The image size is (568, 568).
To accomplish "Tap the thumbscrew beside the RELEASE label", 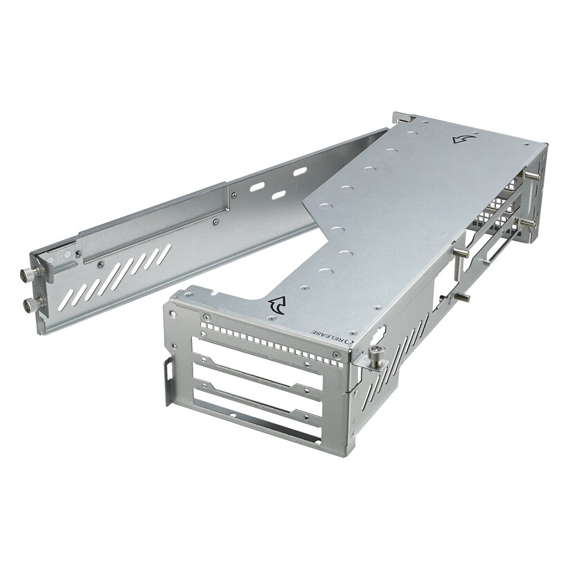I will click(x=378, y=355).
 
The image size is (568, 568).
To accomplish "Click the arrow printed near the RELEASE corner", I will click(x=278, y=305).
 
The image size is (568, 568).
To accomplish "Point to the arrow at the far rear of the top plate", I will click(x=460, y=139).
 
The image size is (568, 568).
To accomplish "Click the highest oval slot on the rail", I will click(x=300, y=171).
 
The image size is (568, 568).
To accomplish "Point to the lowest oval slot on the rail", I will click(x=279, y=195).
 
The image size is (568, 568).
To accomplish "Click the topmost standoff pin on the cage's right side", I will click(x=534, y=177).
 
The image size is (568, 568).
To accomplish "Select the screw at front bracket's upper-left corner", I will click(x=205, y=318).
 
